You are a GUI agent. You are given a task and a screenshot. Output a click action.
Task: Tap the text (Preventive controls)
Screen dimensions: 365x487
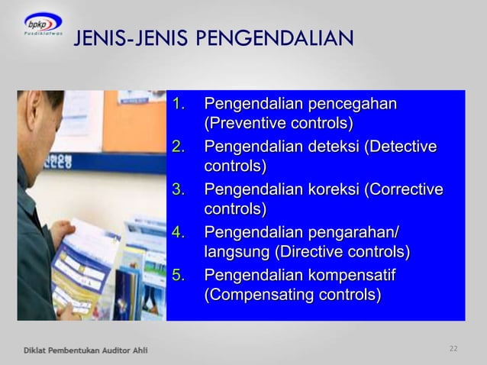[279, 124]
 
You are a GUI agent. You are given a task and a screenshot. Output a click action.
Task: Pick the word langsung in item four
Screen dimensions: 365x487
[237, 252]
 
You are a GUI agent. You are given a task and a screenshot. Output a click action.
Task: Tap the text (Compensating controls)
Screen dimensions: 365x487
[292, 295]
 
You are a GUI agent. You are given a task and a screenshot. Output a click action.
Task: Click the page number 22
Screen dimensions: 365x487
[453, 349]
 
